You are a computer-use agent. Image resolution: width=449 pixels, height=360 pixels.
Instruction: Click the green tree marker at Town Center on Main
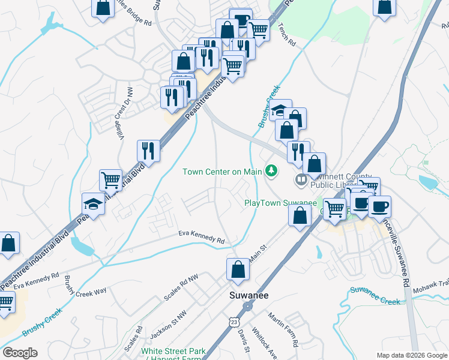(272, 172)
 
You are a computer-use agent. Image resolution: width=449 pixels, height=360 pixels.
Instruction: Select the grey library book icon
(301, 179)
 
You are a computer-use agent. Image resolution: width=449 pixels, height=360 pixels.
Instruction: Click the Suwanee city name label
(249, 295)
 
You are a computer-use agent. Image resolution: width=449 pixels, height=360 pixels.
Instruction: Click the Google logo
(20, 353)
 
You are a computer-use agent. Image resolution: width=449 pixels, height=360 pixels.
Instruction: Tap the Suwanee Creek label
(375, 296)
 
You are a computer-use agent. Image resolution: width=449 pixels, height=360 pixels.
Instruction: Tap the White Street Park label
(173, 351)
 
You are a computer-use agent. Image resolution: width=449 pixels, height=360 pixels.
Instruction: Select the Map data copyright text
(411, 356)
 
